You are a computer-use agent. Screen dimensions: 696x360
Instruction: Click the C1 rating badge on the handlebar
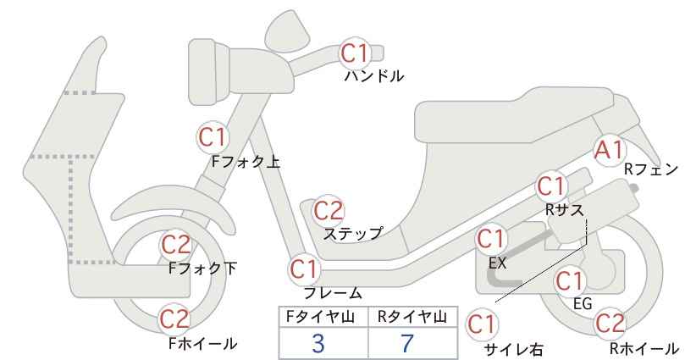pos(355,53)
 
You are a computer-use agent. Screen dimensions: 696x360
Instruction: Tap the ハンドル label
pos(374,76)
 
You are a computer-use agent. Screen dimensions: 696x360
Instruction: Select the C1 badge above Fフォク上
pos(213,137)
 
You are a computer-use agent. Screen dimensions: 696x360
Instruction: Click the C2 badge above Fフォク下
pos(176,245)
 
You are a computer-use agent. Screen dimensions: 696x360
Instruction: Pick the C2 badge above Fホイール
pos(175,319)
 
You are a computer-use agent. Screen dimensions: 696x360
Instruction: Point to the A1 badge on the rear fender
pos(610,151)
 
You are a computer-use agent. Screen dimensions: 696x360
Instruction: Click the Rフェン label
pos(651,169)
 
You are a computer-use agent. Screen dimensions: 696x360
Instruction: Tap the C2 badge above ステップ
pos(329,211)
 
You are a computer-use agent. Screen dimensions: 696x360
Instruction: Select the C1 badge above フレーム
pos(305,269)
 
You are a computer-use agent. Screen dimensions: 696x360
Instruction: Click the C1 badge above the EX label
pos(491,239)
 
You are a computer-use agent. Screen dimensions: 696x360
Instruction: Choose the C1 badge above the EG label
pos(571,281)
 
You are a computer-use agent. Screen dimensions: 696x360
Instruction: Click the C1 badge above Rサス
pos(552,187)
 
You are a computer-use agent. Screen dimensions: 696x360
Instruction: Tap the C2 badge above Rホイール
pos(610,324)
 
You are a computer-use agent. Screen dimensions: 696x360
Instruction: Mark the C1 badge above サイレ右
pos(483,324)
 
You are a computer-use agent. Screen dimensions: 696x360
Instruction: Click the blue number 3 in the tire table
pos(318,343)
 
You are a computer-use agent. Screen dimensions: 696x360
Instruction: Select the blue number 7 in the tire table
pos(407,343)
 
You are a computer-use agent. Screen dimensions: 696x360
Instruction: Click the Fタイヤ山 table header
pos(320,317)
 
